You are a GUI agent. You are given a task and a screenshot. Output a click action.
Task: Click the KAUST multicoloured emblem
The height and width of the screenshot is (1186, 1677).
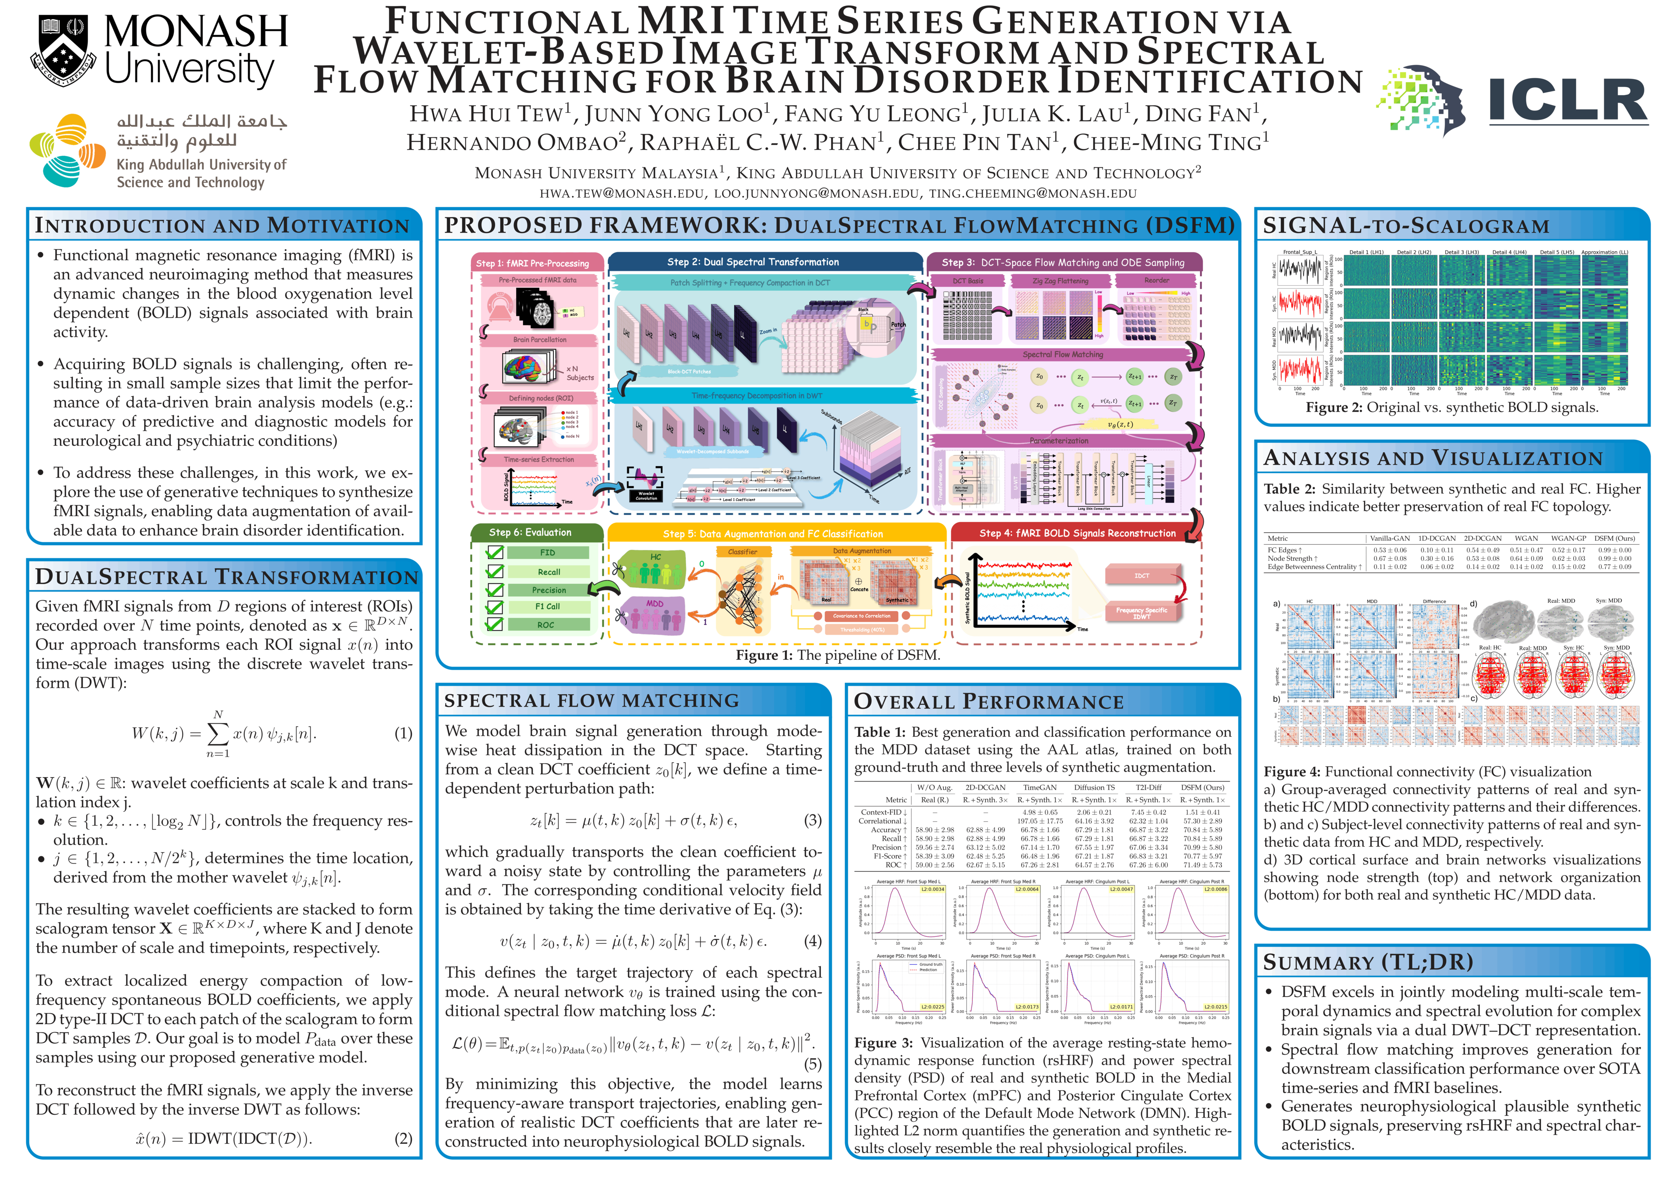[x=67, y=151]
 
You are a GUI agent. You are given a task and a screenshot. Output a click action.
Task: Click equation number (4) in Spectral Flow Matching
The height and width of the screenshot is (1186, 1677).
[x=812, y=941]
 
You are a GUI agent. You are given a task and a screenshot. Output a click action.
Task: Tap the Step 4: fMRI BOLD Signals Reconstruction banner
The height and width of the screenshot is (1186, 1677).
[x=1077, y=533]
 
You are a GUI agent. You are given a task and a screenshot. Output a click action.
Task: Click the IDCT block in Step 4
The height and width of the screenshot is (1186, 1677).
[x=1141, y=575]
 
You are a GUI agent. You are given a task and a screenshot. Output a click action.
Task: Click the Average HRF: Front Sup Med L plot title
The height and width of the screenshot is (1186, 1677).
[x=908, y=881]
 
